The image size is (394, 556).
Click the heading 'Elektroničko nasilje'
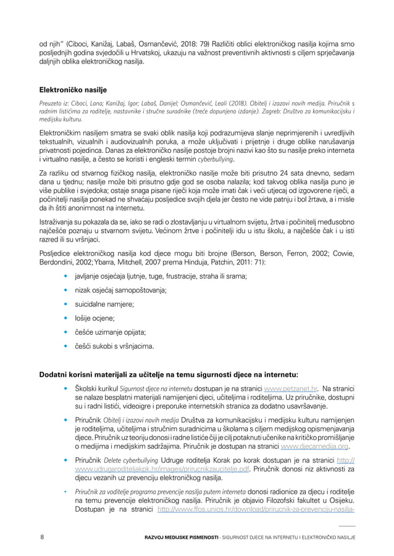[x=73, y=90]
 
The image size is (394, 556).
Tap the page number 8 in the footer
[x=42, y=538]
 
